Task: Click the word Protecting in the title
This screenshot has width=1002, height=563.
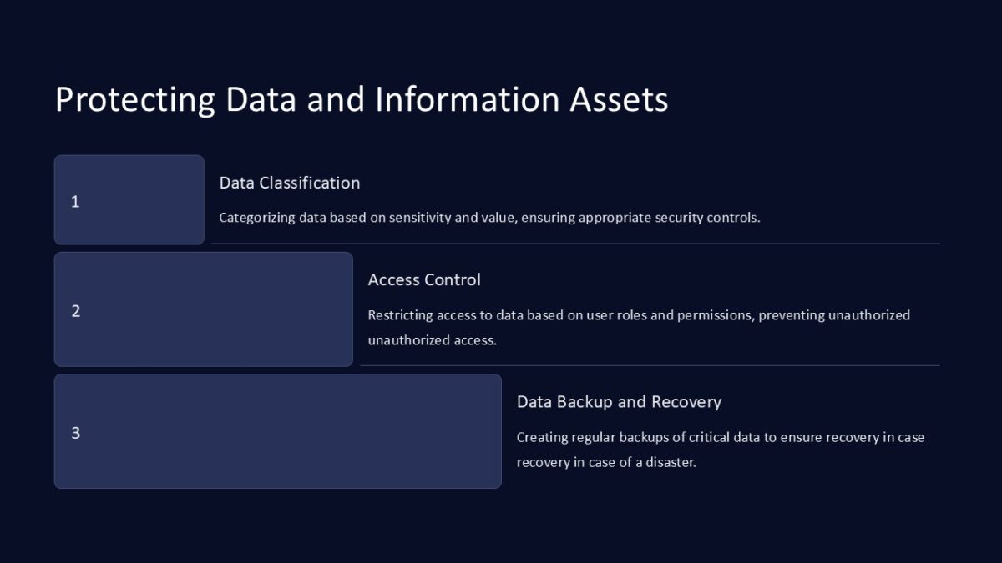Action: coord(134,100)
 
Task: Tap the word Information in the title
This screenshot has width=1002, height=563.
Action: coord(468,100)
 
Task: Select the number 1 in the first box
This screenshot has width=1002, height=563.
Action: coord(75,202)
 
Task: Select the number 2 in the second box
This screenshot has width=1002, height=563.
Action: coord(76,311)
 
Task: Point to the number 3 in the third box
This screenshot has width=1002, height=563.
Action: coord(76,433)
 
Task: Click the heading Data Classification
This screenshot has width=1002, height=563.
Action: coord(290,183)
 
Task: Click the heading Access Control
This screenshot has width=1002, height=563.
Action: coord(424,280)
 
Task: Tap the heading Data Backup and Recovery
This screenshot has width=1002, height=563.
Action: coord(619,402)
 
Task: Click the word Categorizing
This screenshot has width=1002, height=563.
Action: coord(257,218)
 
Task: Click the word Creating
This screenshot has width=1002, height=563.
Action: coord(542,437)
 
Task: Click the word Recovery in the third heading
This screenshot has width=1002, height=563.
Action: coord(686,402)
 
